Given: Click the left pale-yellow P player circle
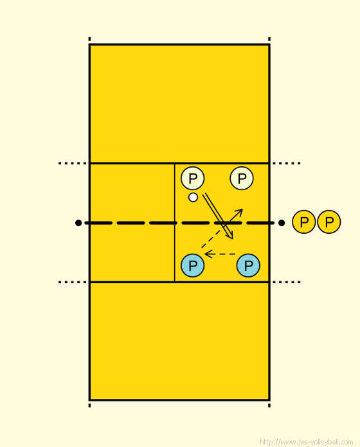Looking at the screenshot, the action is point(193,179).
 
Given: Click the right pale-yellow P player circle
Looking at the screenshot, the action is point(242,179).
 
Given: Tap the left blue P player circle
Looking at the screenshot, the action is point(193,265).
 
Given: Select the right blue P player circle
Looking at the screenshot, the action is point(248,265).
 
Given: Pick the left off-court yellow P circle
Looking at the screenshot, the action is point(304,222).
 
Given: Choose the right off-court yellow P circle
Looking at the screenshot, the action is point(329,222).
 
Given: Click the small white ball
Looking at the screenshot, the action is point(193,197).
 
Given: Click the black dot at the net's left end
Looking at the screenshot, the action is point(78,223).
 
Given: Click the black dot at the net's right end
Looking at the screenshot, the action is point(282,223).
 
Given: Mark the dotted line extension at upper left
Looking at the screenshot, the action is point(72,163).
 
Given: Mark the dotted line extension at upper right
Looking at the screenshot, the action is point(287,163).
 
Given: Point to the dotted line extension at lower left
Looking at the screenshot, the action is point(72,282).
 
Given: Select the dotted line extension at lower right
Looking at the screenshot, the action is point(287,282).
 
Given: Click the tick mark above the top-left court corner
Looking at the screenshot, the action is point(89,39).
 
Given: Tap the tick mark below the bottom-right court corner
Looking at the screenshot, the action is point(269,405).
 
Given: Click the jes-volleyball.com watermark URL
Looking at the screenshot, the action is point(307,442).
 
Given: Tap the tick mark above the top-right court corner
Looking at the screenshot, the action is point(269,39).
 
